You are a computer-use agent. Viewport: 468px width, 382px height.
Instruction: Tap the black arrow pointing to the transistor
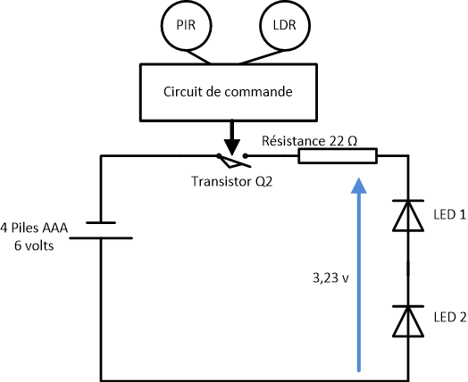pyautogui.click(x=232, y=138)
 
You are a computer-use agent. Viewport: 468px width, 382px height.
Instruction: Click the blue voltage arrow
pyautogui.click(x=359, y=274)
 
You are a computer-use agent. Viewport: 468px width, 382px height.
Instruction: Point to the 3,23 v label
pyautogui.click(x=330, y=278)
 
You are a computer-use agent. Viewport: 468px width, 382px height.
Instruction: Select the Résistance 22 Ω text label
pyautogui.click(x=310, y=141)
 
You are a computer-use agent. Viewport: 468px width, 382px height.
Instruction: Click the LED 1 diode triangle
pyautogui.click(x=408, y=216)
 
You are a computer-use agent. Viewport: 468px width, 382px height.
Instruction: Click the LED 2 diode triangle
pyautogui.click(x=408, y=321)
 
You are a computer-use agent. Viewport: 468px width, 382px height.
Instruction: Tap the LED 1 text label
pyautogui.click(x=450, y=215)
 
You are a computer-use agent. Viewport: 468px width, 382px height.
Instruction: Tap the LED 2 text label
pyautogui.click(x=450, y=318)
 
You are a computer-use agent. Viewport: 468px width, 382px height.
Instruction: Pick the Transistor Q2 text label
pyautogui.click(x=232, y=181)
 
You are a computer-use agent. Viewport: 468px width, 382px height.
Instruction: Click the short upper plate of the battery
pyautogui.click(x=101, y=222)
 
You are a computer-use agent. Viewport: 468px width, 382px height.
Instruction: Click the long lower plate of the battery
pyautogui.click(x=101, y=238)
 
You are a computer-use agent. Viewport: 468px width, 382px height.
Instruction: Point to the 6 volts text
pyautogui.click(x=34, y=246)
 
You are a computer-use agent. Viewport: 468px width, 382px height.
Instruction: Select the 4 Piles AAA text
pyautogui.click(x=34, y=228)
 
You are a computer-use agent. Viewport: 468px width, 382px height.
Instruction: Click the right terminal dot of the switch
pyautogui.click(x=245, y=155)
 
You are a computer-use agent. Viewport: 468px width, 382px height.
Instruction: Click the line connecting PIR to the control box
pyautogui.click(x=197, y=56)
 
